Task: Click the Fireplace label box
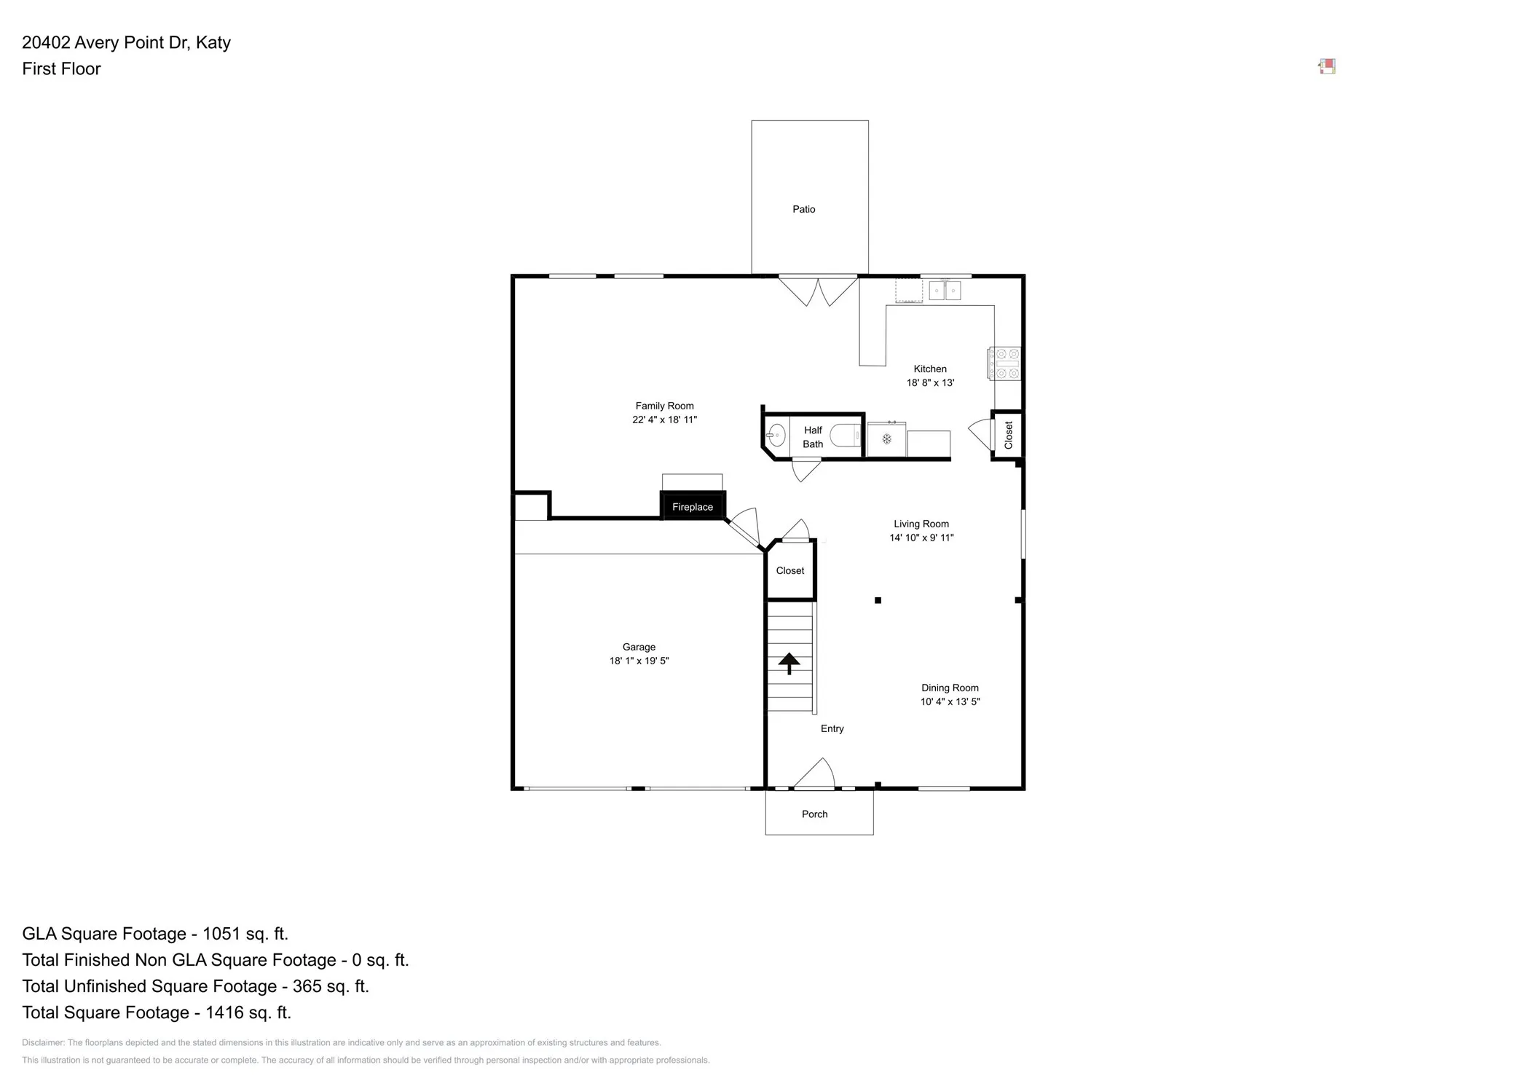click(693, 506)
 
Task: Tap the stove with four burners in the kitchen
click(1004, 363)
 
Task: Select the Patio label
click(804, 209)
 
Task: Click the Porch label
click(814, 814)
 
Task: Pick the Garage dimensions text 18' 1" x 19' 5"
click(639, 661)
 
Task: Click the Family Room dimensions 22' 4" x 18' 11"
click(664, 420)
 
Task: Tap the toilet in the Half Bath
click(846, 435)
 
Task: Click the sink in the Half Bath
click(776, 435)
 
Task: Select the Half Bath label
click(813, 437)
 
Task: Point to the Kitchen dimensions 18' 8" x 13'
click(930, 382)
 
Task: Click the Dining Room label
click(950, 688)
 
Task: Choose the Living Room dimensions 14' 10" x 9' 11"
click(921, 538)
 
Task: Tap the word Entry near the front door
click(832, 728)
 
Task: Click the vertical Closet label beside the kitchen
click(1009, 435)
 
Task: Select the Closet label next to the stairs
click(790, 570)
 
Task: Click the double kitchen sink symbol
click(945, 290)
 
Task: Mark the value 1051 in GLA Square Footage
click(224, 934)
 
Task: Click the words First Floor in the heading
click(61, 68)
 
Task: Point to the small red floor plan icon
click(1327, 67)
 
